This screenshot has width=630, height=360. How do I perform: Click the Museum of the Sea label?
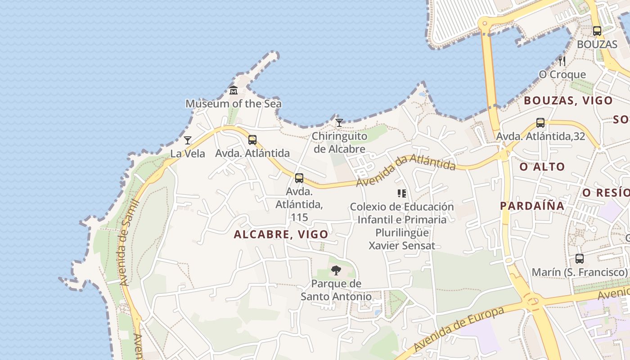tap(234, 103)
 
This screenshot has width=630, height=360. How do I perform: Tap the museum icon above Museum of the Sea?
tap(234, 90)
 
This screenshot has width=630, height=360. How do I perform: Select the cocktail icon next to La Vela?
tap(188, 140)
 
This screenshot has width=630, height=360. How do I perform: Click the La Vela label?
tap(188, 153)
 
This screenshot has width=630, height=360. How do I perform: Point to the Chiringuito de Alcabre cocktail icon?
tap(339, 122)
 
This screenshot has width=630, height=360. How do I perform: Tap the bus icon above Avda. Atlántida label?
tap(252, 140)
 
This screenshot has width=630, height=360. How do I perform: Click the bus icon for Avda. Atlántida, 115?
tap(299, 178)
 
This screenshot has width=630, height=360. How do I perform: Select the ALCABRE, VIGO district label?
tap(281, 234)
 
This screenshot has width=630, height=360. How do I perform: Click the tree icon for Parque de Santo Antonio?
tap(336, 270)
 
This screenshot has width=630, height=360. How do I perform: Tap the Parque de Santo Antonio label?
tap(336, 290)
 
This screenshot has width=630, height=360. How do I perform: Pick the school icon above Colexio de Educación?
tap(402, 193)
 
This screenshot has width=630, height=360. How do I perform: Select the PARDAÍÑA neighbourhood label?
tap(532, 206)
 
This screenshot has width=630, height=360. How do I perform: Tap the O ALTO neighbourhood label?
tap(542, 167)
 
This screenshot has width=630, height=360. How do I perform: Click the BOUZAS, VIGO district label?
tap(568, 100)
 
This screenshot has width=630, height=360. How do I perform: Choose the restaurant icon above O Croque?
tap(562, 61)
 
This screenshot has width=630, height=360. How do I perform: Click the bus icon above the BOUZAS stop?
tap(597, 31)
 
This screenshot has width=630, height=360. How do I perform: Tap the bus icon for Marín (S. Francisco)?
tap(580, 259)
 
